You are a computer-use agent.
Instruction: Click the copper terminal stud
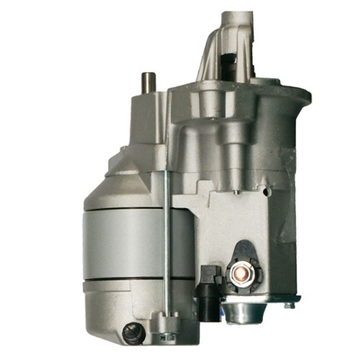240,271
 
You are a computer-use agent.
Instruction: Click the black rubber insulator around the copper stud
240,256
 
